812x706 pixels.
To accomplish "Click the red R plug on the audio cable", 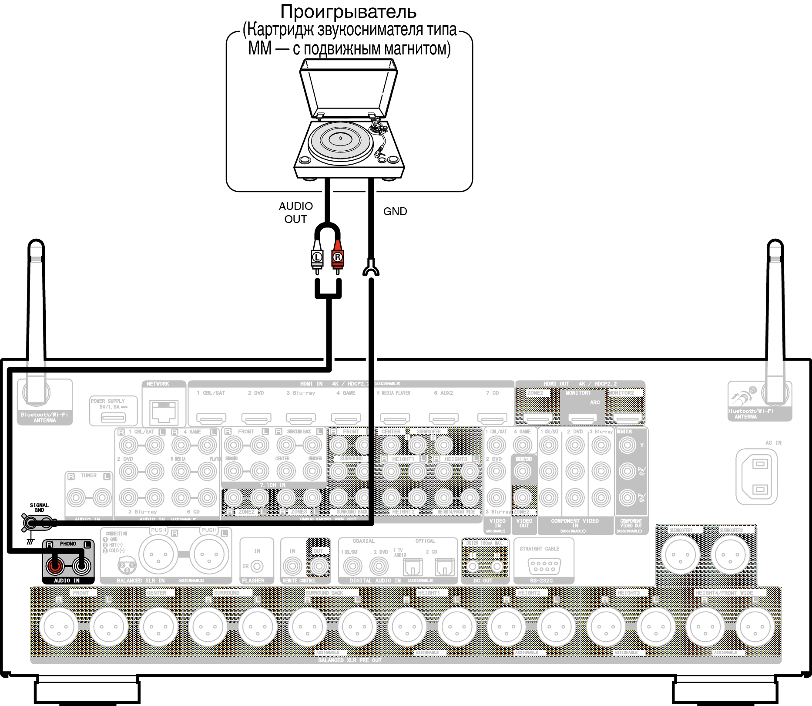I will point(337,258).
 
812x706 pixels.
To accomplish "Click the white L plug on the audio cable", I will point(317,258).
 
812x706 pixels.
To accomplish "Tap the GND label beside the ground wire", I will point(395,212).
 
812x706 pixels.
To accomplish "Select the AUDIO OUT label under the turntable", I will point(296,213).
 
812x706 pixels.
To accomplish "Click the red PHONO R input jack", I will point(55,566).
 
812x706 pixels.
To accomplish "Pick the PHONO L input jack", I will point(81,566).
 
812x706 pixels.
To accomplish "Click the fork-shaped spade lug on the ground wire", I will point(371,267).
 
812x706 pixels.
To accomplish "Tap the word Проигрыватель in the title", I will point(348,12).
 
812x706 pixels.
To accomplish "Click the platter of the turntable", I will point(340,140).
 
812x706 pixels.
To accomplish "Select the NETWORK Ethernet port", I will point(164,411).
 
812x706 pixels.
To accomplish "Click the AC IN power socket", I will point(760,476).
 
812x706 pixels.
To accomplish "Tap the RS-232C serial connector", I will point(544,566).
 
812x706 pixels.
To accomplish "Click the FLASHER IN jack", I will point(257,566).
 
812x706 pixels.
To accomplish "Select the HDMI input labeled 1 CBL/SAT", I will point(211,419).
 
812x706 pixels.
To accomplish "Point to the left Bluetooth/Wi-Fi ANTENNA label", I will point(44,417).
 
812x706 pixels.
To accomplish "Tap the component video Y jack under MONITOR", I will point(627,445).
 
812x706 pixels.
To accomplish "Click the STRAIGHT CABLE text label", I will point(540,549).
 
